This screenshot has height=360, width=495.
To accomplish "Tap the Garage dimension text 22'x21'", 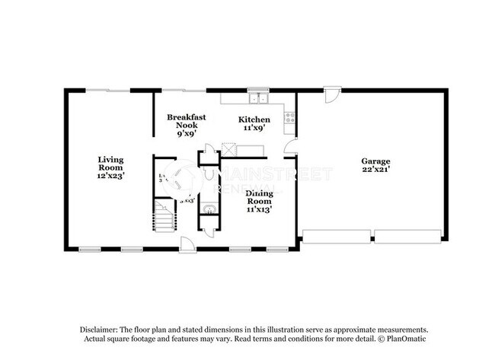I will [x=376, y=169].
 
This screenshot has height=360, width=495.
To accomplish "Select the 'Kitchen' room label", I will [x=254, y=119].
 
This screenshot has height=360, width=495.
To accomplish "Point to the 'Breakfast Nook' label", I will [x=186, y=121].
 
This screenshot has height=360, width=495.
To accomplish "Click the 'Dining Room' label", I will [x=258, y=197].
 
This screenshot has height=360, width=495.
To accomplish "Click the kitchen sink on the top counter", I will [x=258, y=97].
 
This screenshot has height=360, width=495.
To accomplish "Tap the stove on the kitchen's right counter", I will [x=289, y=117].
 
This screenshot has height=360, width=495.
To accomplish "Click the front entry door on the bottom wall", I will [x=186, y=244].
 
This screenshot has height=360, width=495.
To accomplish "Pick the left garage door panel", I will [x=337, y=237].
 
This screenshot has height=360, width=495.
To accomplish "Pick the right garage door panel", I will [x=407, y=237].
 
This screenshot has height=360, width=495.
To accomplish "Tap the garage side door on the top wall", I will [x=331, y=94].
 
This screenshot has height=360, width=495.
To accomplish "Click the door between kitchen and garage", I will [x=289, y=147].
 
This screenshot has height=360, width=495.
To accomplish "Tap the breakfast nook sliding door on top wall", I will [x=185, y=90].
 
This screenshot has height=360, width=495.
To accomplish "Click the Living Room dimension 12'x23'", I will [x=110, y=176].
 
